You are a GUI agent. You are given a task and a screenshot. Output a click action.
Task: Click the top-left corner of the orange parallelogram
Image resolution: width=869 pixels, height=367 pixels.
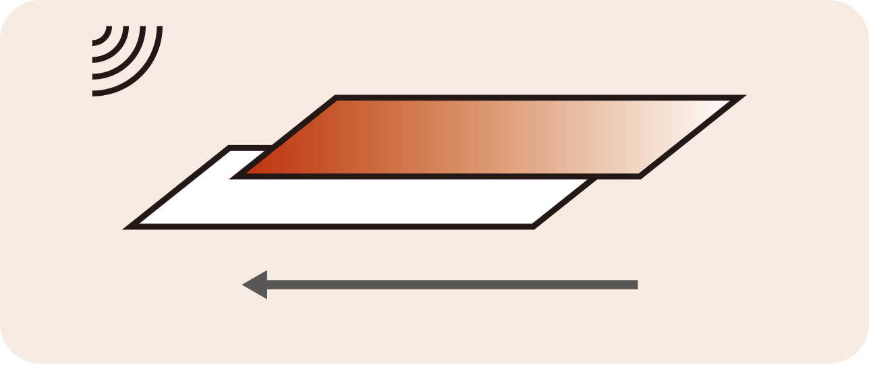(x=337, y=98)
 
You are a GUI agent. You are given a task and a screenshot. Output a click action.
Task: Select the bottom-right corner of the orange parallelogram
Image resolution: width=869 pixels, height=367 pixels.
(x=638, y=177)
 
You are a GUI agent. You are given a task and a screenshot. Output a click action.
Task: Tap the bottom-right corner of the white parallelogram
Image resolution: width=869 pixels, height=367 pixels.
(x=532, y=227)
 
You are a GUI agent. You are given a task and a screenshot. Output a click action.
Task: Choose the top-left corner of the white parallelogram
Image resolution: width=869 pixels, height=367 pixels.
(x=230, y=148)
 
